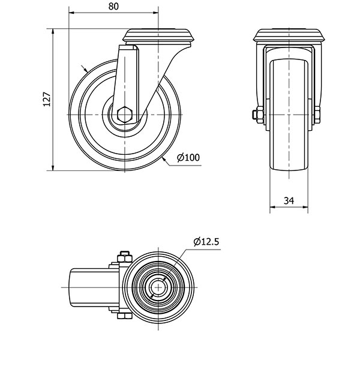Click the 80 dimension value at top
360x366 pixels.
click(x=113, y=7)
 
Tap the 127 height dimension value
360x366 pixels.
click(x=47, y=99)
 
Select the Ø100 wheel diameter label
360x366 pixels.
click(x=188, y=158)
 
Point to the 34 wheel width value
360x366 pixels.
click(x=289, y=200)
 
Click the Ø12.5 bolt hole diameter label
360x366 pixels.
click(x=206, y=242)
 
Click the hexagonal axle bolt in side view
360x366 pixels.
click(x=125, y=115)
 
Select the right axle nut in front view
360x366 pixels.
click(x=317, y=115)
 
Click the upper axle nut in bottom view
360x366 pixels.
click(x=124, y=257)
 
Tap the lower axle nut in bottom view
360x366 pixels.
click(x=124, y=316)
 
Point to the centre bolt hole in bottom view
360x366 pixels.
click(x=158, y=287)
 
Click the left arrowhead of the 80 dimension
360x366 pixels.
click(x=71, y=13)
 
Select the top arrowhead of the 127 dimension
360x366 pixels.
click(x=53, y=32)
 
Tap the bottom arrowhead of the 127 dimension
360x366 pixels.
click(x=53, y=167)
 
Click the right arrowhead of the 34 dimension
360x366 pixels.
click(x=305, y=207)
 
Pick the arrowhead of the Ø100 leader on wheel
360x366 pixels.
click(x=164, y=160)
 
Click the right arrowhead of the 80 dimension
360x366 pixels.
click(x=156, y=13)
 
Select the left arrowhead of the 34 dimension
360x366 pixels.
click(x=272, y=207)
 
